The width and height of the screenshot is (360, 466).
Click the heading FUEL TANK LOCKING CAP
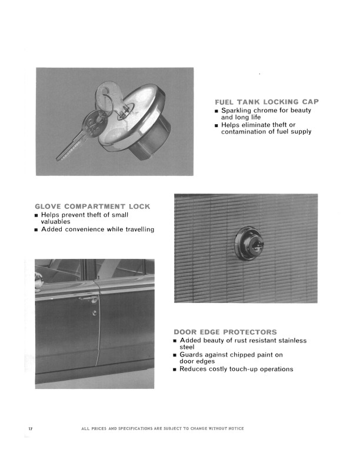(x=266, y=102)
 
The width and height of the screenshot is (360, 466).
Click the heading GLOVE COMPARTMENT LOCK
(x=92, y=207)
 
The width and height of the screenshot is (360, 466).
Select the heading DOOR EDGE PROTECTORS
(x=225, y=332)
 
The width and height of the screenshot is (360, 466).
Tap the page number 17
(x=31, y=428)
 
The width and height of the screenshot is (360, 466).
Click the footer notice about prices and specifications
(x=162, y=428)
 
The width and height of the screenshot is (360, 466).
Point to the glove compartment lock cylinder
(x=249, y=244)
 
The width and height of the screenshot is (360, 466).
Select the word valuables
(x=55, y=222)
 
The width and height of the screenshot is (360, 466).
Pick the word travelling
(x=140, y=229)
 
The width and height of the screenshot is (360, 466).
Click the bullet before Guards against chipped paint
(x=175, y=355)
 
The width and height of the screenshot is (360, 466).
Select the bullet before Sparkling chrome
(x=216, y=111)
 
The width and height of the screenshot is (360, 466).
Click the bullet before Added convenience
(x=36, y=230)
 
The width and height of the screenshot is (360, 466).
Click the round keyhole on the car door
(x=95, y=312)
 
